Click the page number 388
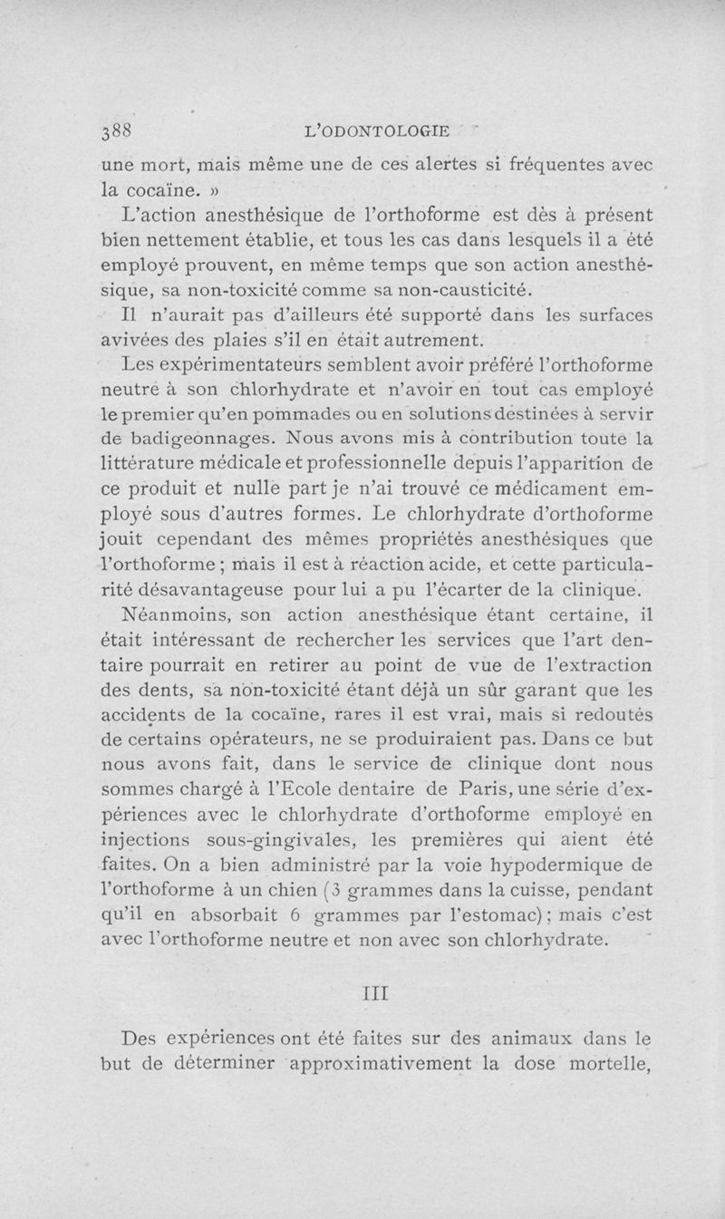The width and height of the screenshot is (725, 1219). click(x=117, y=131)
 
